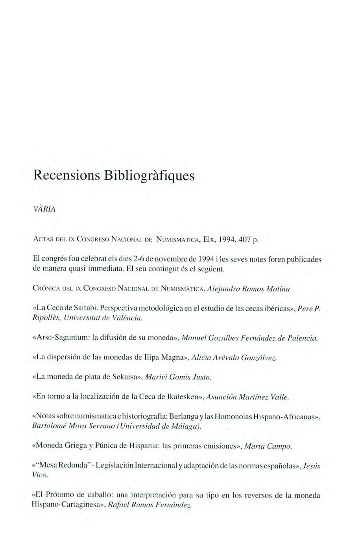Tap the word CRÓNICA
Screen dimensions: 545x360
point(44,289)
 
